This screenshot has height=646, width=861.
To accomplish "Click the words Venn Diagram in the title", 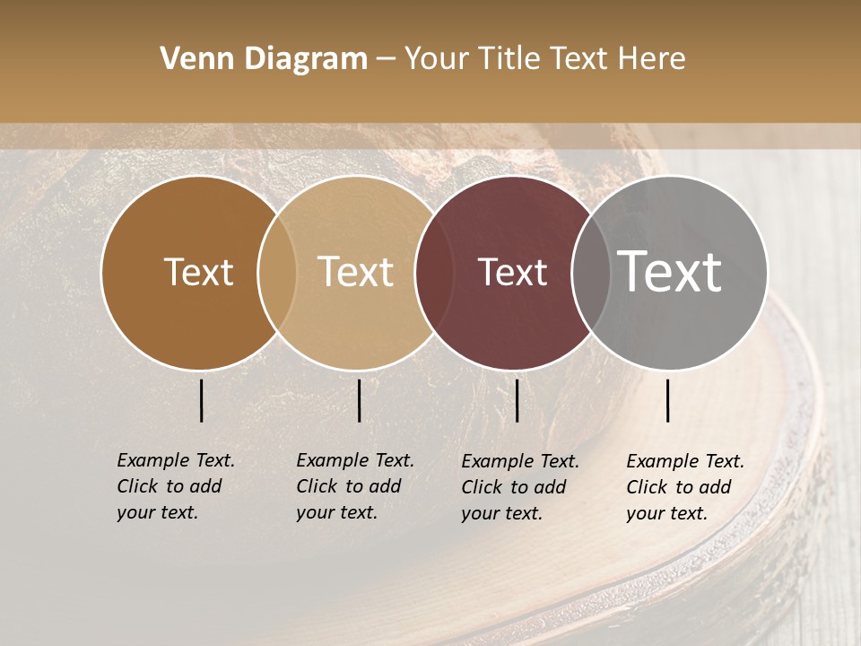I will point(264,59).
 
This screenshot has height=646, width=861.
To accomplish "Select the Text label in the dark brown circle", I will point(198,273).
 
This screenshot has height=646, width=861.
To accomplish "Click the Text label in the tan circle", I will point(356,272).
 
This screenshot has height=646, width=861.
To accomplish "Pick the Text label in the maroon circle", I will point(512,273).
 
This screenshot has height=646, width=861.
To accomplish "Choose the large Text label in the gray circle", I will point(670,271).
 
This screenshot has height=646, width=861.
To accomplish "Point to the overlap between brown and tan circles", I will point(277,273).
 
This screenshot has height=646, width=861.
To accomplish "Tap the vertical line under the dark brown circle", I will point(201,400).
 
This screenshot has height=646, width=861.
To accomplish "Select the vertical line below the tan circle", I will point(359,400).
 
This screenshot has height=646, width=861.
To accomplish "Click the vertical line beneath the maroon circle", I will point(517,400).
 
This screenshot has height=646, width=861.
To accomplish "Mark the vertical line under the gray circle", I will point(668,400).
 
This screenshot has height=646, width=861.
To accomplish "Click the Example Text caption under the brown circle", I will point(176,460).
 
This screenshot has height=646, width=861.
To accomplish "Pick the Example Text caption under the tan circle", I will point(355,460).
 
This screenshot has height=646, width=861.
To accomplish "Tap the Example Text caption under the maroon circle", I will point(520,461).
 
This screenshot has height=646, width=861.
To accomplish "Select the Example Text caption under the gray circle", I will point(685,461).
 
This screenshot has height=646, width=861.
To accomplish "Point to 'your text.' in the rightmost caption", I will point(667,514).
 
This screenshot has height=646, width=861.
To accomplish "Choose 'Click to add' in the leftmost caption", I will point(169,486).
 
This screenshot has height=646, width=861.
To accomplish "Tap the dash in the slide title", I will point(386,59).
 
